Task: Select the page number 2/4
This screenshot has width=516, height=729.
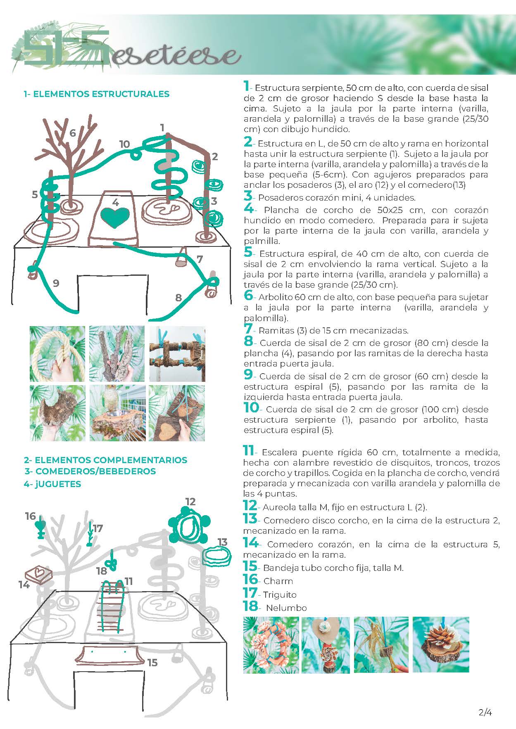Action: [485, 712]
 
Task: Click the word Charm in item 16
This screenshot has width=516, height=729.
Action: [278, 581]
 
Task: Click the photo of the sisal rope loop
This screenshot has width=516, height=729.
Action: [57, 354]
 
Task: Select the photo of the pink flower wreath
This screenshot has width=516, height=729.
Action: [271, 645]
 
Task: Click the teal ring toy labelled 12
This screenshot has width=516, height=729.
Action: [189, 525]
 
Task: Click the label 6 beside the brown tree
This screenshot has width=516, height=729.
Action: [73, 133]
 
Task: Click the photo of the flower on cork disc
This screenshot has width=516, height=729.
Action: [441, 645]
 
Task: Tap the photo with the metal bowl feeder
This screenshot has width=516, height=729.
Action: [117, 413]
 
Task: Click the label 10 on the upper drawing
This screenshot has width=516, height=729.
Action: [124, 144]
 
